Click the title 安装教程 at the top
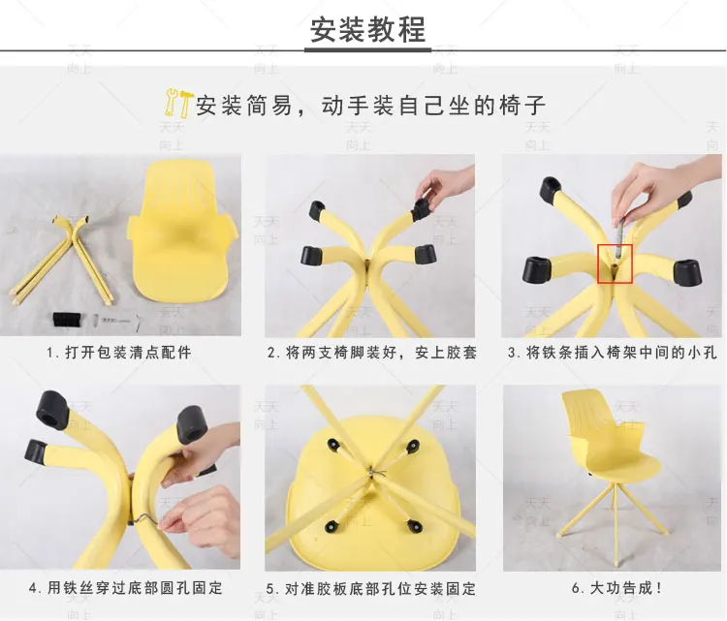pyautogui.click(x=367, y=30)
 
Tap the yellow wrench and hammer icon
pyautogui.click(x=177, y=102)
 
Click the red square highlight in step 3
pyautogui.click(x=615, y=264)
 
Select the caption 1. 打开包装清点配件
pyautogui.click(x=119, y=353)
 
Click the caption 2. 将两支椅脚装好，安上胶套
pyautogui.click(x=372, y=353)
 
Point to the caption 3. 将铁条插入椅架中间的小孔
pyautogui.click(x=612, y=353)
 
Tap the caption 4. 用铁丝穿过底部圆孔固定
pyautogui.click(x=126, y=588)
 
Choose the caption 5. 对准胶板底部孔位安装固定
pyautogui.click(x=371, y=589)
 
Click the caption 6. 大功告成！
pyautogui.click(x=617, y=588)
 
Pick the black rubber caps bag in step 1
pyautogui.click(x=68, y=320)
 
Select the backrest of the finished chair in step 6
pyautogui.click(x=585, y=414)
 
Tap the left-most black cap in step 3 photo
pyautogui.click(x=537, y=269)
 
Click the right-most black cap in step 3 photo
pyautogui.click(x=688, y=272)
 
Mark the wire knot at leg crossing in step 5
pyautogui.click(x=373, y=473)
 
